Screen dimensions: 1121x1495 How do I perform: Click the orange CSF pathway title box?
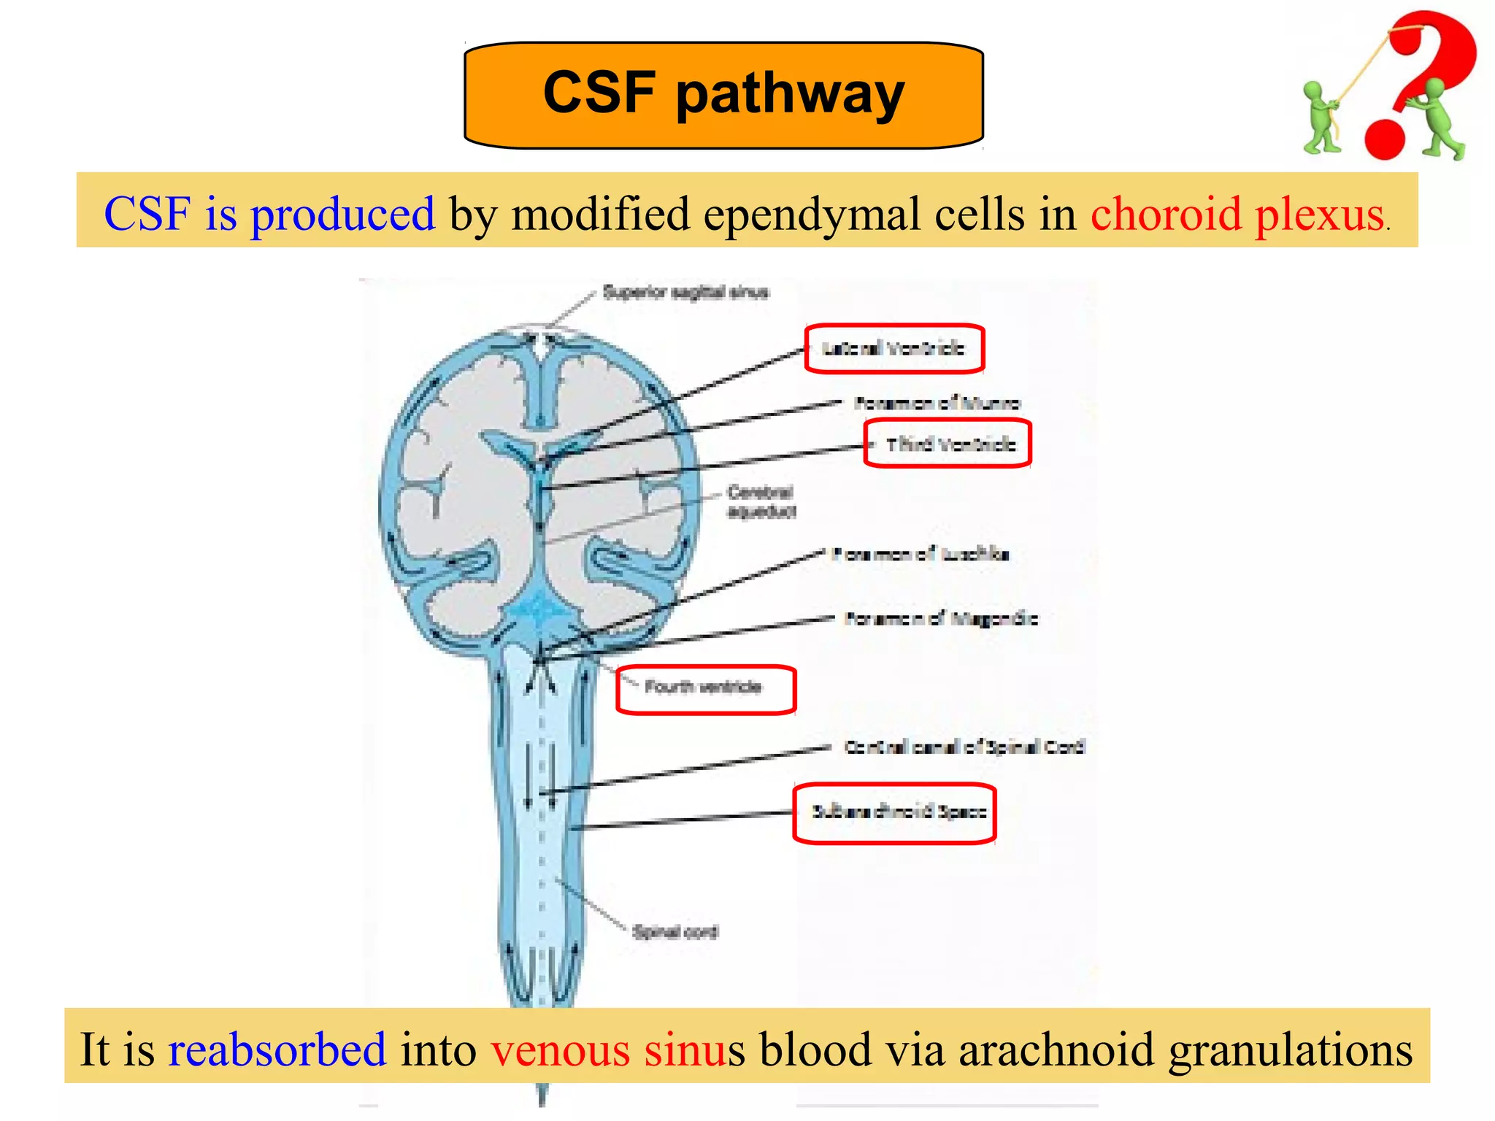[723, 95]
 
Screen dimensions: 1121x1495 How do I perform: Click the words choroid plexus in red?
[1237, 214]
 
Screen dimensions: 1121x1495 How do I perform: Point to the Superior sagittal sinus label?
[685, 293]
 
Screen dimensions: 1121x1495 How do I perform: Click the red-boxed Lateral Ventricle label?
[893, 349]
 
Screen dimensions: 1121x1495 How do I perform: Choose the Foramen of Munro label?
[937, 403]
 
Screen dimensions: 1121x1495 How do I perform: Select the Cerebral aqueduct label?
[761, 501]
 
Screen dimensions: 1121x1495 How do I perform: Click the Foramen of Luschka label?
[921, 554]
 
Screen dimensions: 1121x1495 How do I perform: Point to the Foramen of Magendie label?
[941, 619]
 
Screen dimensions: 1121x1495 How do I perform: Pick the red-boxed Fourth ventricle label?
[704, 687]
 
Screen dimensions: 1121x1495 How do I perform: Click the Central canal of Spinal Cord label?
[964, 747]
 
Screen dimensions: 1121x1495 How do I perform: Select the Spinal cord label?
[675, 932]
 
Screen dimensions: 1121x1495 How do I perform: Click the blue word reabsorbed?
[277, 1049]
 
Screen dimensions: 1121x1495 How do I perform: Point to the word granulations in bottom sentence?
[1290, 1051]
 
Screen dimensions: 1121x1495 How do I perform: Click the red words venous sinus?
[618, 1049]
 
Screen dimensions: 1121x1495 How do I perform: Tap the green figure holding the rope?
[1322, 117]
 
